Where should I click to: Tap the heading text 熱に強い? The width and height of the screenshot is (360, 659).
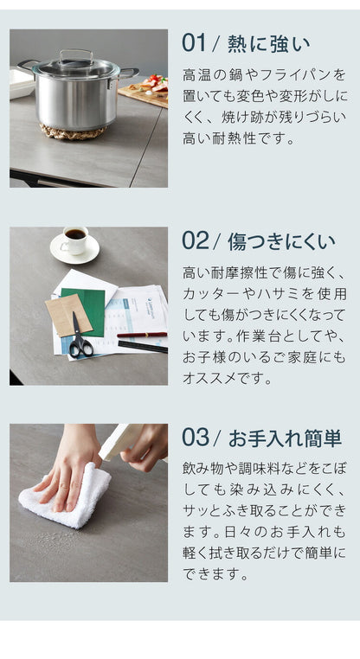[268, 43]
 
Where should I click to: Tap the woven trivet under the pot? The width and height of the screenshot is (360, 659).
[74, 131]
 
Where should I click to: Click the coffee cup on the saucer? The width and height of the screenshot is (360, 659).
[74, 239]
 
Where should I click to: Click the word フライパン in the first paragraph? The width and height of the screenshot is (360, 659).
[295, 75]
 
